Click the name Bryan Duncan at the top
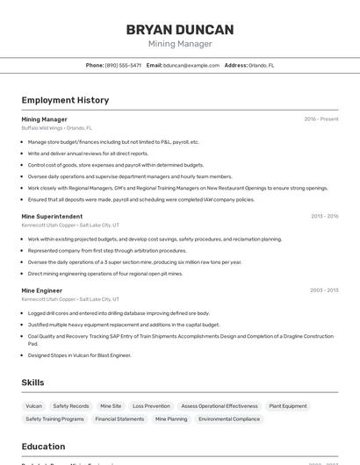[x=180, y=30]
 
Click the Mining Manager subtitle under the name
[x=180, y=44]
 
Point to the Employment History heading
[x=65, y=100]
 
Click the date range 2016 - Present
[x=321, y=119]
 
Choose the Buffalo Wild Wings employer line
[x=56, y=128]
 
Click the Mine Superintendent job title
[x=52, y=216]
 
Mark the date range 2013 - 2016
[x=324, y=216]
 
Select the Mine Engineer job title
[x=42, y=290]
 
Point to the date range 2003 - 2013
[x=324, y=290]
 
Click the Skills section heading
[x=33, y=383]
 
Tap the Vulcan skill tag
[x=34, y=406]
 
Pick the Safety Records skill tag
[x=71, y=406]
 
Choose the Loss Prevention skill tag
[x=151, y=406]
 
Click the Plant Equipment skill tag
[x=288, y=406]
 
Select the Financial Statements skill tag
[x=119, y=419]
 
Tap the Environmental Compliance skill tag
[x=229, y=419]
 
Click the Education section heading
[x=43, y=447]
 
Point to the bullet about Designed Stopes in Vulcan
[x=79, y=355]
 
